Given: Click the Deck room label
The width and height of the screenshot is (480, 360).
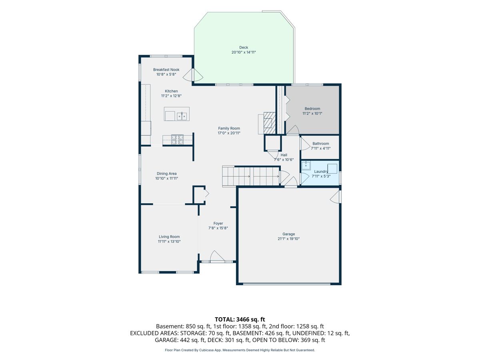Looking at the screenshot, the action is tap(243, 48).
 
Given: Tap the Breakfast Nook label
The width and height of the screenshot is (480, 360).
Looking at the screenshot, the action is tap(166, 70).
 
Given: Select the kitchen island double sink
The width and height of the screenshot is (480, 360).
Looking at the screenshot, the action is tap(182, 116).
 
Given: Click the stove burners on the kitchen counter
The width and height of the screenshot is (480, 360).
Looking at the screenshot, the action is tap(177, 140).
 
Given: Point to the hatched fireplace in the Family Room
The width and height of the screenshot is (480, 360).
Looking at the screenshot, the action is tap(270, 123).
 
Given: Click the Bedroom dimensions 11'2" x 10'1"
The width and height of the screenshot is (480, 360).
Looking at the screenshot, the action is tap(312, 114).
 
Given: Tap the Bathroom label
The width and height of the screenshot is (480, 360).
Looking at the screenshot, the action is tap(320, 143).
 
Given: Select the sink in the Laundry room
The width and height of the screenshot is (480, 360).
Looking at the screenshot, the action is tap(306, 166).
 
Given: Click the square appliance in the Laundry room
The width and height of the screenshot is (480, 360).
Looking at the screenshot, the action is tap(332, 168).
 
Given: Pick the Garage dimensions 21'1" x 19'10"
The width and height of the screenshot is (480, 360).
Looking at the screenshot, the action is tap(288, 239).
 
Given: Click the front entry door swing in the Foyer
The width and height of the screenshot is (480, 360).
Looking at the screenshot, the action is tap(217, 256).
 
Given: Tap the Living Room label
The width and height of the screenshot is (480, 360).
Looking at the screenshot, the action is tap(169, 236).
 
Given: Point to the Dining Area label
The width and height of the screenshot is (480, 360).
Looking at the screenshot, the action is tap(166, 174).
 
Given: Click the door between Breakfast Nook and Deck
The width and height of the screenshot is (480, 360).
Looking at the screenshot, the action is tap(193, 75).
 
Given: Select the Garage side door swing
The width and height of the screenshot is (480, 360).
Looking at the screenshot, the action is tap(336, 197).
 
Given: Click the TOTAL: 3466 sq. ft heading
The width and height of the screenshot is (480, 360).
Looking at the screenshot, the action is tap(240, 319).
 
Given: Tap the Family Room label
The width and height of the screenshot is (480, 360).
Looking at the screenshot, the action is tap(229, 128).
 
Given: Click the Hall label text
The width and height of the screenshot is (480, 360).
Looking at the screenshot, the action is tap(284, 155).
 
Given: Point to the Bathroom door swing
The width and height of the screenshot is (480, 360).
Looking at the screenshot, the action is tap(305, 143).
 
